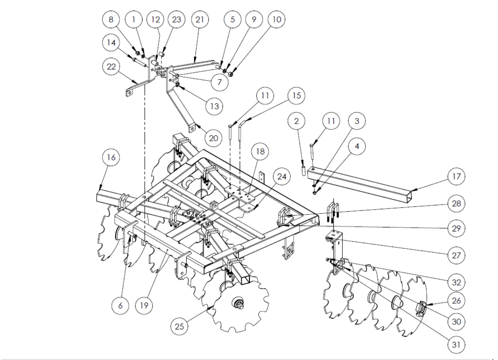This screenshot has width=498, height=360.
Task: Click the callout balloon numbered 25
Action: tap(180, 326)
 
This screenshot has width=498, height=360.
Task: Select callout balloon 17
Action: tap(456, 176)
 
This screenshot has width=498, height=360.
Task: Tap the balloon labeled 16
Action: tap(111, 157)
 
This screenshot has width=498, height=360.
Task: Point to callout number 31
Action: tap(456, 345)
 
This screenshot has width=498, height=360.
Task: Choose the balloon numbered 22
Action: tap(111, 67)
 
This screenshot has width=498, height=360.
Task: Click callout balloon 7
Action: tap(220, 82)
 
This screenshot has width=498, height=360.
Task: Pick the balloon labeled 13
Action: tap(214, 106)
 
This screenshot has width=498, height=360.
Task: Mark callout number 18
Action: tap(260, 151)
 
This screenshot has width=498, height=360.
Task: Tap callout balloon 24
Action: tap(282, 176)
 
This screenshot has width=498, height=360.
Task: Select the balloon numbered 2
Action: tap(296, 121)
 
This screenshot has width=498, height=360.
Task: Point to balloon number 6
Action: tap(120, 305)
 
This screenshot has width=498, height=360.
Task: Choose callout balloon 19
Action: tap(144, 305)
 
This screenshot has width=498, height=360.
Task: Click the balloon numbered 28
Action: tap(456, 204)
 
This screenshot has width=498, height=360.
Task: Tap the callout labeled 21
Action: tap(200, 19)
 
